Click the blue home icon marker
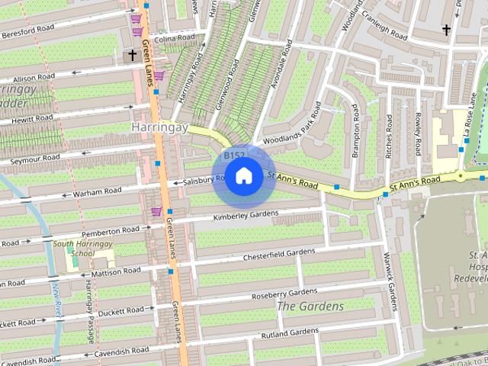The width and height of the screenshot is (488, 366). click(x=243, y=176)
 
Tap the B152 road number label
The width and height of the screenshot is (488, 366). click(x=234, y=156)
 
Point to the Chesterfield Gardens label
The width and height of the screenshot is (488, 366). click(x=278, y=255)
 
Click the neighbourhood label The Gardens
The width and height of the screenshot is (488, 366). click(x=310, y=307)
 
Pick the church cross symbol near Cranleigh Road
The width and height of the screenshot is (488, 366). click(x=446, y=30)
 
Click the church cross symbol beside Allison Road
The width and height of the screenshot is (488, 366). click(x=132, y=56)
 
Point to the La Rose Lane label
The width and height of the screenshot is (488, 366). click(x=472, y=114)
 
